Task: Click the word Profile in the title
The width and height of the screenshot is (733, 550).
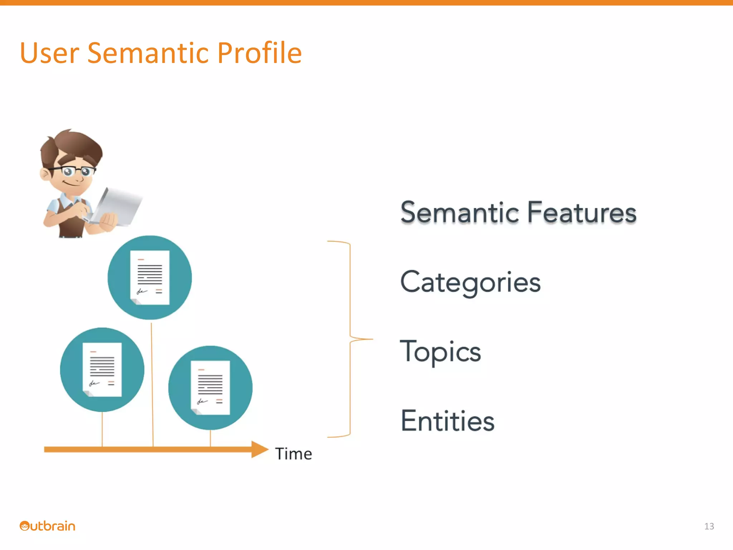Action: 259,53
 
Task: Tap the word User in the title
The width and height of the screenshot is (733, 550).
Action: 49,53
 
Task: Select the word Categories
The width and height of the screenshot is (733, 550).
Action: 470,283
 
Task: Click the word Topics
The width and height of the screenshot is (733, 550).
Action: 440,352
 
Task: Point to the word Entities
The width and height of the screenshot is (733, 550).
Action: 447,421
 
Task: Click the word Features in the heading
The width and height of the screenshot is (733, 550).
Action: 582,212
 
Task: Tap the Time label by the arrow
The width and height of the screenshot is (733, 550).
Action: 293,454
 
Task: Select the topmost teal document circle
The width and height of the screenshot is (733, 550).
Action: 150,278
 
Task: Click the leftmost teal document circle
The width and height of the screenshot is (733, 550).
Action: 102,370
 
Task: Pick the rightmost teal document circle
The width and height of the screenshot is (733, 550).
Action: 210,388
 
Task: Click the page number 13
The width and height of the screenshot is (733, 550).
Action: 709,526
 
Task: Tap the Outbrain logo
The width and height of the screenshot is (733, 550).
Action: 47,526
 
